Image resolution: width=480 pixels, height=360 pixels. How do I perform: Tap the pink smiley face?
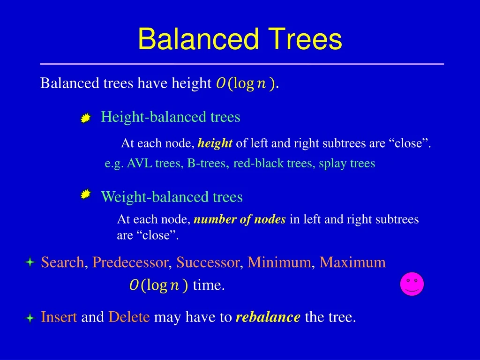point(412,284)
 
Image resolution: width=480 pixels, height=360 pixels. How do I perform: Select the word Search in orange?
point(62,262)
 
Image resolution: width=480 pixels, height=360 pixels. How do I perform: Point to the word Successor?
point(208,262)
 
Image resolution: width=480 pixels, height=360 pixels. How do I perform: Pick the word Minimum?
point(279,262)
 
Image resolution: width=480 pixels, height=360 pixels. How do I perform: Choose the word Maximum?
point(352,262)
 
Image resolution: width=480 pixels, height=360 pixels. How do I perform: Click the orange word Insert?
point(59,317)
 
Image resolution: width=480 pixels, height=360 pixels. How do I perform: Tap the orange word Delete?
point(129,317)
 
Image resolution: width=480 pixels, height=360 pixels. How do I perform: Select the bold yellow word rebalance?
point(268,317)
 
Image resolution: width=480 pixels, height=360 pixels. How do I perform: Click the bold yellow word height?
point(215,143)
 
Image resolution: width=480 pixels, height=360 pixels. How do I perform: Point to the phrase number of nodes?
point(240,219)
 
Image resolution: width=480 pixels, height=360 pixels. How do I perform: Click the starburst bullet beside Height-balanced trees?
point(85,119)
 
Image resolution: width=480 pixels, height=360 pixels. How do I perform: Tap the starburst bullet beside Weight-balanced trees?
point(85,195)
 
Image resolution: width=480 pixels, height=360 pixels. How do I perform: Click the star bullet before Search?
point(30,263)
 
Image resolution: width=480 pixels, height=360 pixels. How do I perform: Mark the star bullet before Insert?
point(30,318)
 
